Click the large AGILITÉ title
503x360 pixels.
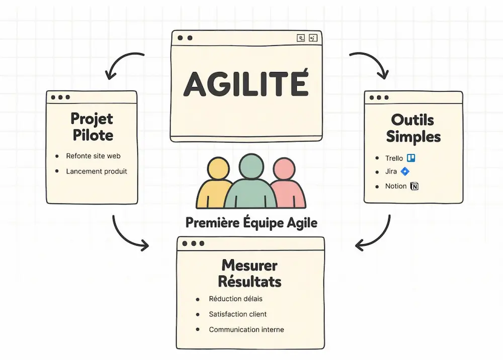coord(245,84)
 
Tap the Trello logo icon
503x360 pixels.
coord(411,158)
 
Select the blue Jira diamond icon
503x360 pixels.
coord(405,172)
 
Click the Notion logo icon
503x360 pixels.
coord(414,186)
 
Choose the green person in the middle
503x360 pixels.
coord(250,181)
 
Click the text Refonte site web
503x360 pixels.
coord(93,156)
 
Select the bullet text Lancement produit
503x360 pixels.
coord(97,171)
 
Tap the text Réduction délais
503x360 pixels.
coord(235,299)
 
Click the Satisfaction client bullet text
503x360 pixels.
coord(237,314)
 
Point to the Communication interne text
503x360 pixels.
coord(246,330)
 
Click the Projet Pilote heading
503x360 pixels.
coord(92,127)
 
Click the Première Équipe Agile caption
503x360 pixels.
coord(251,223)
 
